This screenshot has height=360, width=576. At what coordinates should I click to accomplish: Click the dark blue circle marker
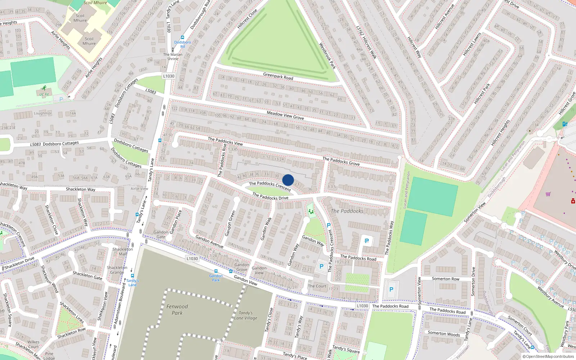coord(288,180)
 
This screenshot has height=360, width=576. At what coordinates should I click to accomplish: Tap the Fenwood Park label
coord(177,310)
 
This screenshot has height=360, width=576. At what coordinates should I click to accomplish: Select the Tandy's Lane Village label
coord(246,315)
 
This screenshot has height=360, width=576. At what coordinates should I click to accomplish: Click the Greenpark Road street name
coord(278,76)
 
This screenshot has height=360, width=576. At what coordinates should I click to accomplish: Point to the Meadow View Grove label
coord(285,115)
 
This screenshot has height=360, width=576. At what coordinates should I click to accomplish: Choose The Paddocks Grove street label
coord(341,161)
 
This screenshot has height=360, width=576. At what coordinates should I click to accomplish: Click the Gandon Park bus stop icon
coord(216,271)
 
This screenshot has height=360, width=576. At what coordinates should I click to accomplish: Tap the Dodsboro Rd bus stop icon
coord(183,37)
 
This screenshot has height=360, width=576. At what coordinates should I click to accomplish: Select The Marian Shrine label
coord(173,57)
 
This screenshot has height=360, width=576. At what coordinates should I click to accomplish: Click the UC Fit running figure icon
coord(44,88)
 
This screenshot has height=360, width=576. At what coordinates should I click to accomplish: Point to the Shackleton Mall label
coord(123,251)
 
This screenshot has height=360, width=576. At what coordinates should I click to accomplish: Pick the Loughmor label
coord(43,113)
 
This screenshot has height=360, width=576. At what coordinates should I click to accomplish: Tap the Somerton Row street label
coord(445,279)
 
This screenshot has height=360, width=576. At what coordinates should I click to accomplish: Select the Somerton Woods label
coord(444,334)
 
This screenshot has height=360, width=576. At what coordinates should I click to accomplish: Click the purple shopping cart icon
coord(548,194)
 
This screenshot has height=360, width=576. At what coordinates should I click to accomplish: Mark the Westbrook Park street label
coord(327,56)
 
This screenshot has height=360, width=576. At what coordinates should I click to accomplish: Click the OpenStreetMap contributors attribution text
coord(548,356)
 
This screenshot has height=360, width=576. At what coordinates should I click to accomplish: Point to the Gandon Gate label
coord(161,234)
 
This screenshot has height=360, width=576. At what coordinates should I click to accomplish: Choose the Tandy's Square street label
coord(346,349)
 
